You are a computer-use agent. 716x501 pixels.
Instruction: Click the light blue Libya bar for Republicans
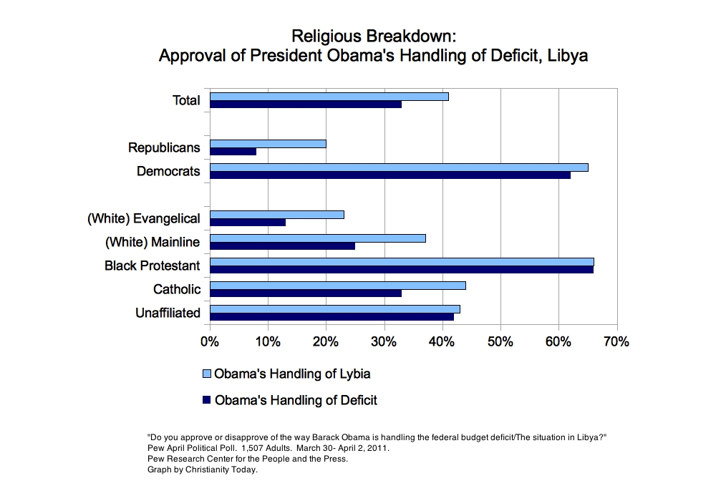point(268,144)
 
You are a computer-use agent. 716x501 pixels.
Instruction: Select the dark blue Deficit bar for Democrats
point(390,175)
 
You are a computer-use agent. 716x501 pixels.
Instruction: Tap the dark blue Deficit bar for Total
point(306,104)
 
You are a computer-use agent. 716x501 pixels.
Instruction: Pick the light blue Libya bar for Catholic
point(338,286)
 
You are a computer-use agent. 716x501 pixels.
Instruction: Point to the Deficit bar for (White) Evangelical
point(248,222)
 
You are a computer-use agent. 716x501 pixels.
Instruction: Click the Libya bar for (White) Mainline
point(318,238)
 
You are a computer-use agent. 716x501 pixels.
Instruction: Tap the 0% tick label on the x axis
point(209,341)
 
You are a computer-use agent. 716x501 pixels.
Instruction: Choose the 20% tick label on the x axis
point(326,341)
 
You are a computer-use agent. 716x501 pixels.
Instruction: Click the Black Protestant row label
point(152,266)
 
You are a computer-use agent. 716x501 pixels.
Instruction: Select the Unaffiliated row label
point(168,313)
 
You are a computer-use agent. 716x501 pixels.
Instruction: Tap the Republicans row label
point(164,147)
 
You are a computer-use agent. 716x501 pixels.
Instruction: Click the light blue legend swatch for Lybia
point(207,374)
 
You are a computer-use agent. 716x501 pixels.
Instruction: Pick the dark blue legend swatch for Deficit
point(207,399)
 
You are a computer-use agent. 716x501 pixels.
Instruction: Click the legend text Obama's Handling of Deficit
point(296,400)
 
